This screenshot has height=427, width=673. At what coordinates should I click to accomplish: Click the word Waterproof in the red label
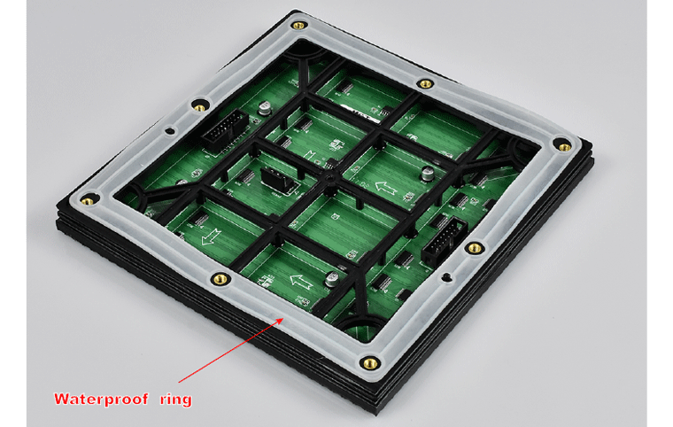101,399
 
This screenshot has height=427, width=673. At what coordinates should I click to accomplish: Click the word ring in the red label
176,400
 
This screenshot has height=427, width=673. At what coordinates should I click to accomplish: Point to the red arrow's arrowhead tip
283,318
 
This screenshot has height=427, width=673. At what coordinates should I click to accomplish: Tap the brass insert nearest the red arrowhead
221,279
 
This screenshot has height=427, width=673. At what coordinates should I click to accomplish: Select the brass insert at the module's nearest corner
369,363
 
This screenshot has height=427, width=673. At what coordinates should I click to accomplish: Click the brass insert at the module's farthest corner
298,26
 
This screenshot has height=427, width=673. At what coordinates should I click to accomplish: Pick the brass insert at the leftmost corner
87,200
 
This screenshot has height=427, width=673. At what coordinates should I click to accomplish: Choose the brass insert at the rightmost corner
565,147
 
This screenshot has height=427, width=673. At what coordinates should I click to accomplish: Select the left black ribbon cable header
225,129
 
